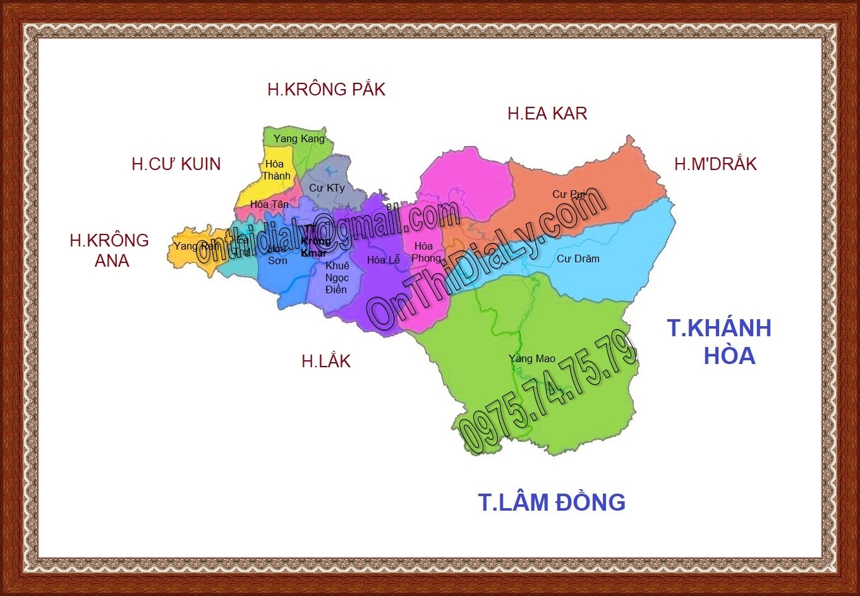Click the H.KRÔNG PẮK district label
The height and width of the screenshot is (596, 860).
point(326,89)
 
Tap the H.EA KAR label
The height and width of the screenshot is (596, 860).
point(547,113)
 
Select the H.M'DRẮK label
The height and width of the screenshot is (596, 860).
point(715,164)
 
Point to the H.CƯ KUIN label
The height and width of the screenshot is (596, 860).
point(176,164)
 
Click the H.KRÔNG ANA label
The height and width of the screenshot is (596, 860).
point(110,250)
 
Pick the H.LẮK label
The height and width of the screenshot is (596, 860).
point(326,361)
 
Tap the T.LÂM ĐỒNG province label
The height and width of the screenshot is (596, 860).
point(552,502)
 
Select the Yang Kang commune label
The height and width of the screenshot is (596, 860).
point(299,138)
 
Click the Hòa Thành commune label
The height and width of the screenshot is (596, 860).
point(276,170)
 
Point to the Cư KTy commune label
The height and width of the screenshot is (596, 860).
point(327,188)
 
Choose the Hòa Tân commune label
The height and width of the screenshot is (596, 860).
point(269,204)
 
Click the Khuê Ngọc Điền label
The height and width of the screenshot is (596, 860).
point(337,277)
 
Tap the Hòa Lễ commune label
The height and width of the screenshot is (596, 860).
point(384,260)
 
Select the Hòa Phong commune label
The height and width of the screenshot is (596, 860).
point(426,252)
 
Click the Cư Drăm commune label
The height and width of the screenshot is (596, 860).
point(578,258)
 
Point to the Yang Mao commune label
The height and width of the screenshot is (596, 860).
point(532,358)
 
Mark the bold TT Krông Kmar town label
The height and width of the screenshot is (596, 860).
point(314,241)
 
